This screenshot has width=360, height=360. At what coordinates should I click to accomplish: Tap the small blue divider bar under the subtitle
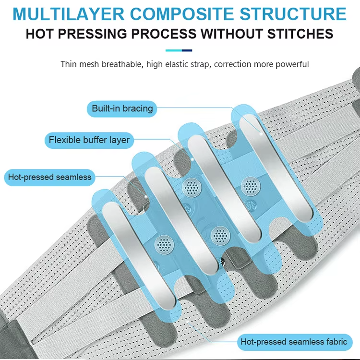coord(179,50)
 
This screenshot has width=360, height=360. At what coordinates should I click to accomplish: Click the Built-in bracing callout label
coord(122,108)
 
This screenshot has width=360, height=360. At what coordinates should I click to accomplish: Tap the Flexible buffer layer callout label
coord(89,141)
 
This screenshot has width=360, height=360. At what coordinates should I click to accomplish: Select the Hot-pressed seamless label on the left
coord(49,177)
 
